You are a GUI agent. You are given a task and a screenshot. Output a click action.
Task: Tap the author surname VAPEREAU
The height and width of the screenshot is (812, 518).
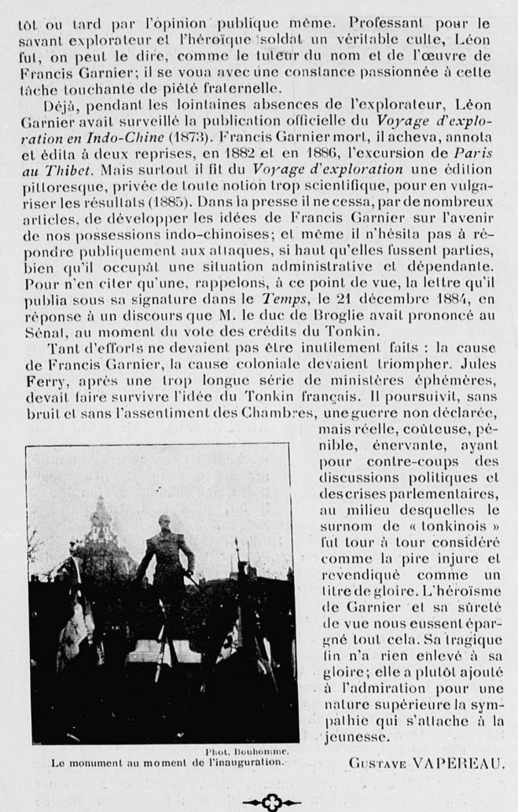(x=459, y=763)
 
